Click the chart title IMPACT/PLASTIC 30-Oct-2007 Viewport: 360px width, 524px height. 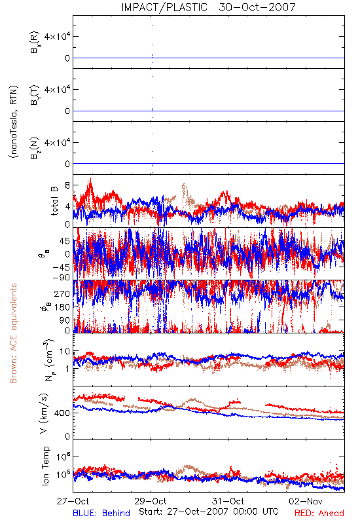point(208,7)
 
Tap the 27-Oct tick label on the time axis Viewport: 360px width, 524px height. point(73,501)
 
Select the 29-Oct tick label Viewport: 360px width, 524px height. point(151,501)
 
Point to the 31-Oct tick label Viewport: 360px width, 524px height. point(228,501)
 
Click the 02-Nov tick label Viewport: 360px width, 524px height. point(306,501)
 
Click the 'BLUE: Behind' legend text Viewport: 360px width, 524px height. point(101,513)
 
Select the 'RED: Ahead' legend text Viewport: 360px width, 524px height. point(319,513)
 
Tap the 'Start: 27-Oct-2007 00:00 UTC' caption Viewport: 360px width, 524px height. point(209,512)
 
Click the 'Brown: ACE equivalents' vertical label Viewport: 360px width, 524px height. point(13,333)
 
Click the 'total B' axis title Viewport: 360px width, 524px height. point(54,201)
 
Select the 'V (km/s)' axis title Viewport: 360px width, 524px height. point(44,413)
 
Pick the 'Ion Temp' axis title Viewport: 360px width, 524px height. point(45,466)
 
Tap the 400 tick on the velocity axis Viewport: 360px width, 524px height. point(62,413)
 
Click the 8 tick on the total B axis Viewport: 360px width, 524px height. point(68,185)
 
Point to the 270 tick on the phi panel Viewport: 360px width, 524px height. point(62,294)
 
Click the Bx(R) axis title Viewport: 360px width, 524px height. point(35,42)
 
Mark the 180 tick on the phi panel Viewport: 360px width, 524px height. point(62,307)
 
